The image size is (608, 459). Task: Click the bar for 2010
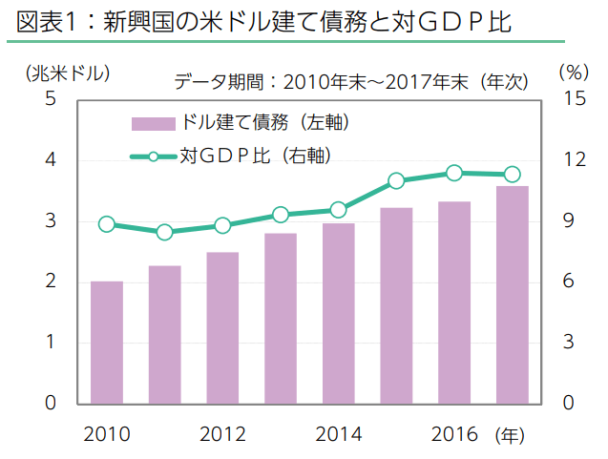tap(107, 342)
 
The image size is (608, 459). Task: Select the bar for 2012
tap(222, 327)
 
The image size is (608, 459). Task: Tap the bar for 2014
tap(338, 313)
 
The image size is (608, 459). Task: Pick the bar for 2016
tap(454, 302)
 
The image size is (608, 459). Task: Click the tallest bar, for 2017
tap(513, 294)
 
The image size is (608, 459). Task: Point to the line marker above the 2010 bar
tap(107, 225)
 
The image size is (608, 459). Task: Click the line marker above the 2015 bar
tap(397, 180)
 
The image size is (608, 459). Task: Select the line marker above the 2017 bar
tap(513, 174)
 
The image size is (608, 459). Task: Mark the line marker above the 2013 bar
tap(281, 215)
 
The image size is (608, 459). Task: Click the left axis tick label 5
tap(50, 99)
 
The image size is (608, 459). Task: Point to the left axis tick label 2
tap(50, 282)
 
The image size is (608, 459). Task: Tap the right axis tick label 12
tap(570, 160)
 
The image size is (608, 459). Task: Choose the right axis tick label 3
tap(570, 343)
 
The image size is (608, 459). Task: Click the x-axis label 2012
tap(222, 435)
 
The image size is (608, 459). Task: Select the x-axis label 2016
tap(454, 435)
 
